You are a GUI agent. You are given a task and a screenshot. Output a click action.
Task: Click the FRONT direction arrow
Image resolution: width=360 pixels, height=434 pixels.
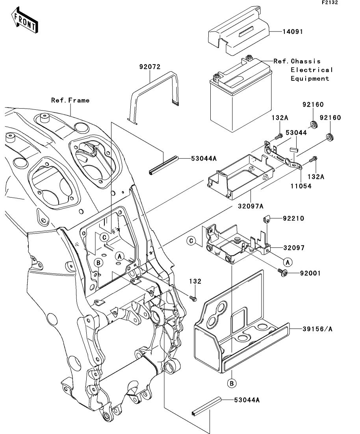click(24, 20)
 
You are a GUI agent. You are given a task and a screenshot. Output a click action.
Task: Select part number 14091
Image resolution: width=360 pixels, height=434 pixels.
click(293, 31)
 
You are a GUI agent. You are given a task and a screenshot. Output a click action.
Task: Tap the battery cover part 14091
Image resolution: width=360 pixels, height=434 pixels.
click(238, 31)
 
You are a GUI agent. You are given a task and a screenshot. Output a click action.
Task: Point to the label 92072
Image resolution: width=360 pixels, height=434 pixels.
click(150, 67)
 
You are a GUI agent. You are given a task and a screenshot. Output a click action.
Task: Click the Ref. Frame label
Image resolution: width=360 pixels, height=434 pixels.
click(71, 100)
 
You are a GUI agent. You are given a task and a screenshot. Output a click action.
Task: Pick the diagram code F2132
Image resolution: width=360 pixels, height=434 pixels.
click(330, 2)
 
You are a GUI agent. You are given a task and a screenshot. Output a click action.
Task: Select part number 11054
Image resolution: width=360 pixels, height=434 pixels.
click(301, 186)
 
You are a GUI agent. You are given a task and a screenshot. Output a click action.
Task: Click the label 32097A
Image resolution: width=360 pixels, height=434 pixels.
click(251, 206)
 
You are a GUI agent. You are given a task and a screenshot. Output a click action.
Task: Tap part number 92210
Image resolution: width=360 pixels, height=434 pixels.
click(293, 218)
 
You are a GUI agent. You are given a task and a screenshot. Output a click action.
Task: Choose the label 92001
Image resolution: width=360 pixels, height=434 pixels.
click(311, 273)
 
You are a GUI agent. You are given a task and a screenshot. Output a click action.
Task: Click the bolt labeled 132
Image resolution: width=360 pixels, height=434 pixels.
click(193, 299)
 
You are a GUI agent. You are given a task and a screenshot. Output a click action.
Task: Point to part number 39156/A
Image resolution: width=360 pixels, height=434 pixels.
click(317, 329)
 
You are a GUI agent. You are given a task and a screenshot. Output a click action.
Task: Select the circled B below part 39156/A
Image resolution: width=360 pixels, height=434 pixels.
click(232, 383)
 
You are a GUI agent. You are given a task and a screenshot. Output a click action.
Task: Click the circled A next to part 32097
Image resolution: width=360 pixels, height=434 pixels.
click(288, 262)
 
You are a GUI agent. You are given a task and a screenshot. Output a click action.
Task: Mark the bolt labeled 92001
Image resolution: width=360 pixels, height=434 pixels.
click(282, 273)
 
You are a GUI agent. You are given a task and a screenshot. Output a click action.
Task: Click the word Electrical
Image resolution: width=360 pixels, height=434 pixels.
click(312, 70)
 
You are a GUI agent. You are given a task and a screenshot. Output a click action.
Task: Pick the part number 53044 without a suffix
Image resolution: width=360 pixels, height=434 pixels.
click(296, 133)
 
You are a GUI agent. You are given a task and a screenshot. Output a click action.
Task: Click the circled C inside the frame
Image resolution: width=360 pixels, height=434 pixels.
click(104, 237)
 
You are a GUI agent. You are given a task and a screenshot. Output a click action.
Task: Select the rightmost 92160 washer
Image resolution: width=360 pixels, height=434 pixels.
click(330, 137)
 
